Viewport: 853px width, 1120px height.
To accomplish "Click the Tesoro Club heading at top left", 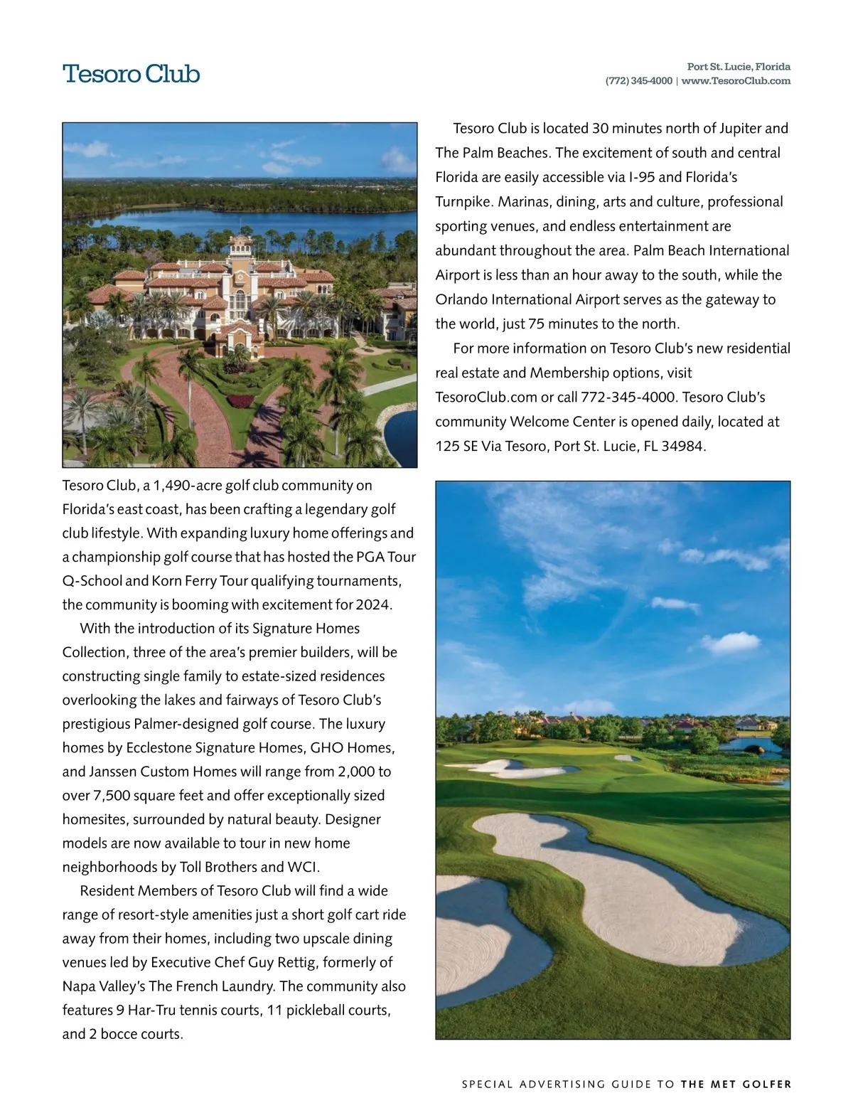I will pyautogui.click(x=132, y=74).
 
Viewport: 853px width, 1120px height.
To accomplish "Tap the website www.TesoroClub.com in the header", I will pyautogui.click(x=736, y=81).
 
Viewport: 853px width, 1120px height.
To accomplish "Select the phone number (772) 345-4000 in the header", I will pyautogui.click(x=638, y=81).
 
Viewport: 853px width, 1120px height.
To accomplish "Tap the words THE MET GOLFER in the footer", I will pyautogui.click(x=736, y=1084).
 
